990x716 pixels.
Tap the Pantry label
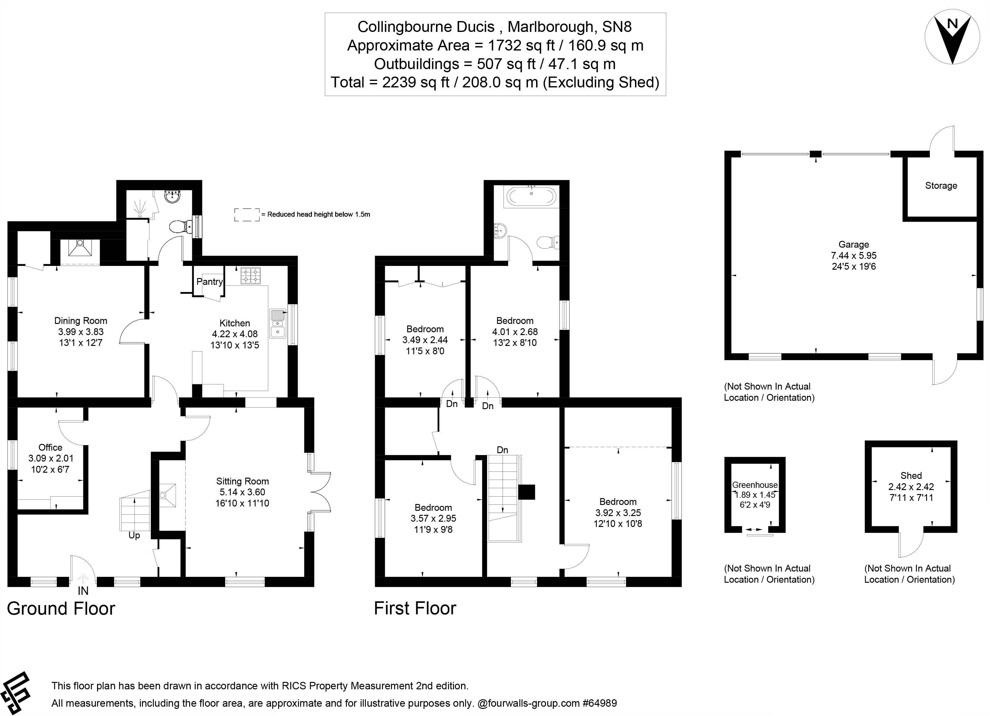coord(210,281)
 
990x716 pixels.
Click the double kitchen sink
coord(277,323)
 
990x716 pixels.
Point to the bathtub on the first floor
coord(531,196)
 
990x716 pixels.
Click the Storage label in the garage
coord(941,185)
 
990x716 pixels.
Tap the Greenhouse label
coord(755,485)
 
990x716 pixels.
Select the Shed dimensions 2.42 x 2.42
coord(911,487)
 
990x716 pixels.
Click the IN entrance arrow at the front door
coord(83,579)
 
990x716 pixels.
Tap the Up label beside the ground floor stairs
coord(134,535)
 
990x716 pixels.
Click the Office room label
coord(50,447)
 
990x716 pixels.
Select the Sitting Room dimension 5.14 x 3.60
coord(242,492)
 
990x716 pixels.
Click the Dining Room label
coord(80,321)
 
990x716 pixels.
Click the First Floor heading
coord(415,608)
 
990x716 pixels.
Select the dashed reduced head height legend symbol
coord(247,214)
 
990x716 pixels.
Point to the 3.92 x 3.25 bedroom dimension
coord(618,513)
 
